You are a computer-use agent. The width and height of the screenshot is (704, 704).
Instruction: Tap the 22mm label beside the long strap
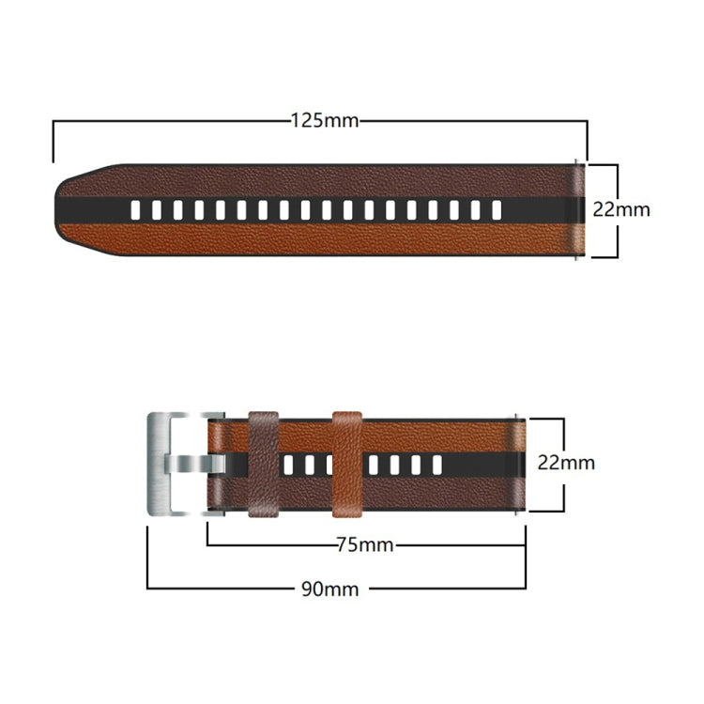coord(620,209)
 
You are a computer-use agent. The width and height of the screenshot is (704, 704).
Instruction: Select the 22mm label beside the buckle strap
coord(566,463)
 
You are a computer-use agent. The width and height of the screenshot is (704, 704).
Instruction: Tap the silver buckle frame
coord(160,464)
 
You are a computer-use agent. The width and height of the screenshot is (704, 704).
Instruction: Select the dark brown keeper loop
coord(264,464)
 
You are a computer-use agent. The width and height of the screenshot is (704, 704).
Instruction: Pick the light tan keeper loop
coord(347,464)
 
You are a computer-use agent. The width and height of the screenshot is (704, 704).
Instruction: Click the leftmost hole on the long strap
coord(136,209)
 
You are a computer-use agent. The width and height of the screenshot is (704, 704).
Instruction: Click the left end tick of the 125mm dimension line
coord(54,141)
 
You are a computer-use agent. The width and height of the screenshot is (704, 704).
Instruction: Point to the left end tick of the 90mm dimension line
coord(147,558)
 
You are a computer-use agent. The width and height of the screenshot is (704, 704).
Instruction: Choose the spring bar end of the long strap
coord(578,209)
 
